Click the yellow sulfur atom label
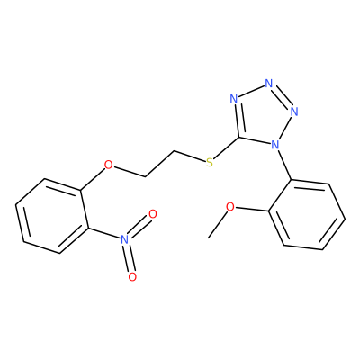210,163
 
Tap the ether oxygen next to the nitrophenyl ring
108,165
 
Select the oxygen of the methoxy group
230,207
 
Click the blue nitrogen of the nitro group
125,239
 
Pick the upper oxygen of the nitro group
153,214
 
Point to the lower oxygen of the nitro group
132,276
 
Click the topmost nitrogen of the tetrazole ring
268,84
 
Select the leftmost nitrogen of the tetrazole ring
234,99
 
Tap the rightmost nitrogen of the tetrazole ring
294,112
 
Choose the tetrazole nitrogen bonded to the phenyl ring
275,145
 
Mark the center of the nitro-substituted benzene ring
52,216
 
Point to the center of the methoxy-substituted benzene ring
307,215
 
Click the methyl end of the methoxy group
209,238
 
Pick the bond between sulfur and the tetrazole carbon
227,148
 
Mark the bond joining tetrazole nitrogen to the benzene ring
284,165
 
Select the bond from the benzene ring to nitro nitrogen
104,233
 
